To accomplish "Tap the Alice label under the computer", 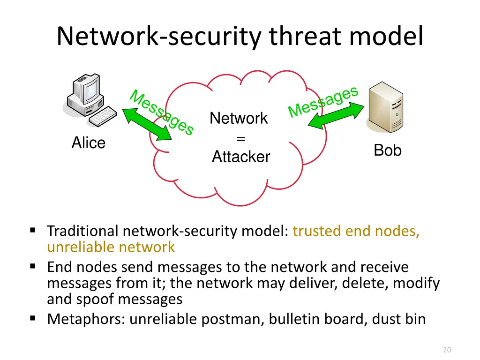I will [x=88, y=142].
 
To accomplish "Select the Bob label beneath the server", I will [x=387, y=150].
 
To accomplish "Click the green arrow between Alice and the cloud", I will [x=147, y=124].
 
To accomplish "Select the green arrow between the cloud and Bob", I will [x=336, y=116].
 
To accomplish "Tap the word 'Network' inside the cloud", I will [x=239, y=118].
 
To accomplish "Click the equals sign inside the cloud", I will [x=240, y=138].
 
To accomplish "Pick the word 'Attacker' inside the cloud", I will [x=241, y=157].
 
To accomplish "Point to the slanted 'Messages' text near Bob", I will [x=323, y=101].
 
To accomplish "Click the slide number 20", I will [x=446, y=349].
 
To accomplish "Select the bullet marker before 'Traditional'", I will [x=32, y=230].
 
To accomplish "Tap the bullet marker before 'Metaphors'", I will [x=32, y=319].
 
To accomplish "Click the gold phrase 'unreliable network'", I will [x=111, y=247].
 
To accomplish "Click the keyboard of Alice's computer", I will [x=103, y=116].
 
